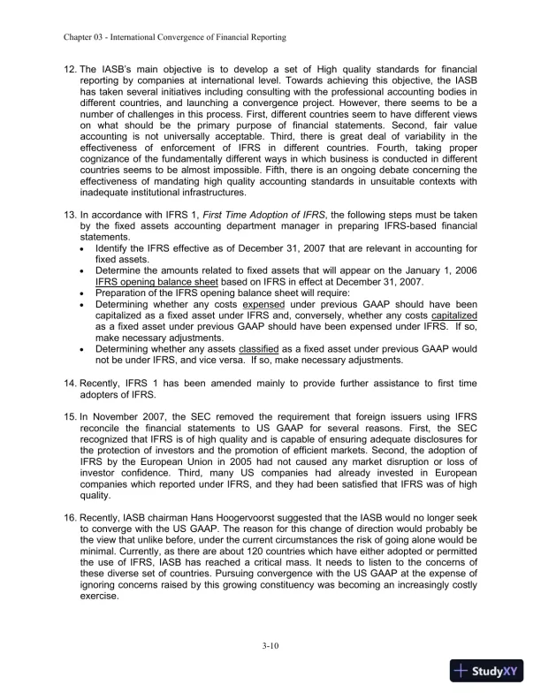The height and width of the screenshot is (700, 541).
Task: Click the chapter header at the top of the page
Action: click(174, 39)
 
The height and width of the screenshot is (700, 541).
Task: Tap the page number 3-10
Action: click(270, 647)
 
